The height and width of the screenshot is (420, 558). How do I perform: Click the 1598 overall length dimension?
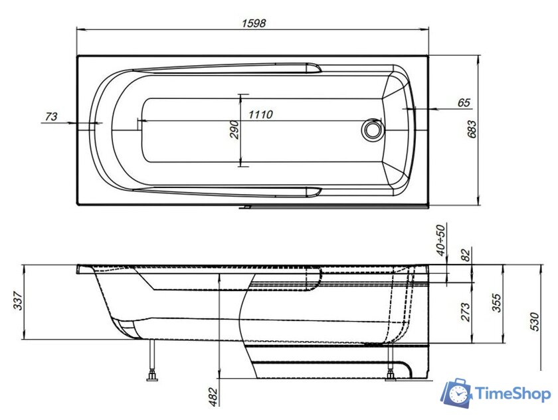tap(252, 23)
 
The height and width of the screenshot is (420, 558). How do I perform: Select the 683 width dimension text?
tap(472, 130)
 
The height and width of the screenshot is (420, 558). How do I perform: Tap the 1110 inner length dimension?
tap(260, 114)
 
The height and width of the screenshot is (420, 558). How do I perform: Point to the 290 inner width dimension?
tap(234, 129)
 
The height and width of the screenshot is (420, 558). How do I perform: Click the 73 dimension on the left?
tap(50, 117)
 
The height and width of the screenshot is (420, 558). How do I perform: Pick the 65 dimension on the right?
tap(464, 102)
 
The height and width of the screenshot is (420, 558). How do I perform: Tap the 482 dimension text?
tap(213, 396)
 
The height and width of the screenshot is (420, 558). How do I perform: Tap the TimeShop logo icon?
tap(456, 395)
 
